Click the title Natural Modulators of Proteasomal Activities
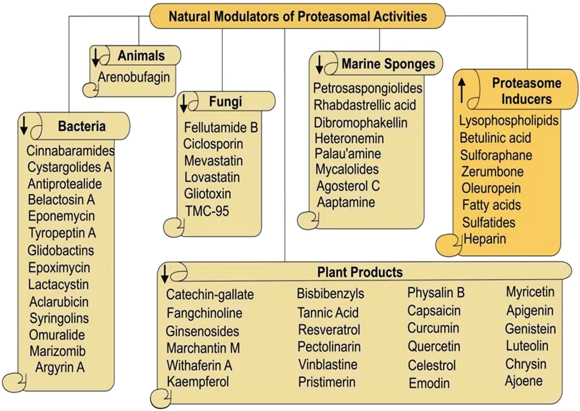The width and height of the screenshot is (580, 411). coord(297,16)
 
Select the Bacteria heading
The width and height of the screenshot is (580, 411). coord(82,126)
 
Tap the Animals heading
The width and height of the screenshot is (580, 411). coord(141,56)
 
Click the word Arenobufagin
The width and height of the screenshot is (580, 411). coord(134,77)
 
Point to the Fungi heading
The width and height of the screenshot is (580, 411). coord(225,102)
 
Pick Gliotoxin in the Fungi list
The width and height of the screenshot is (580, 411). coord(208,194)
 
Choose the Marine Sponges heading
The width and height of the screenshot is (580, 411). coord(388,64)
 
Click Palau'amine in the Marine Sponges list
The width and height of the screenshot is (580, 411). coord(348,154)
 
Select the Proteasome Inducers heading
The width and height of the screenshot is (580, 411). coord(526,91)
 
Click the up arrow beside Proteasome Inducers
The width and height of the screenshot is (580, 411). coord(462,90)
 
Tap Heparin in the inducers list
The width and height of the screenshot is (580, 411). coord(485,239)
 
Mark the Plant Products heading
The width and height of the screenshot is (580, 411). coord(360,272)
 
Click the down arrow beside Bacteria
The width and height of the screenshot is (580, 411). coord(24,125)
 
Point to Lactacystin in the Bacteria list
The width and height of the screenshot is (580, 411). coord(58,284)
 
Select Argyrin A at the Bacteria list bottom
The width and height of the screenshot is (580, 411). coord(60,368)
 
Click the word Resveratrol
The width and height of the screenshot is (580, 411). coord(329,330)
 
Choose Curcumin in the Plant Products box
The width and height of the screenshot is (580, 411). coord(433,328)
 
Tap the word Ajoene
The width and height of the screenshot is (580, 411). coord(523,381)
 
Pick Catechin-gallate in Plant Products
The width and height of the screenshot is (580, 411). coord(210,295)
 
